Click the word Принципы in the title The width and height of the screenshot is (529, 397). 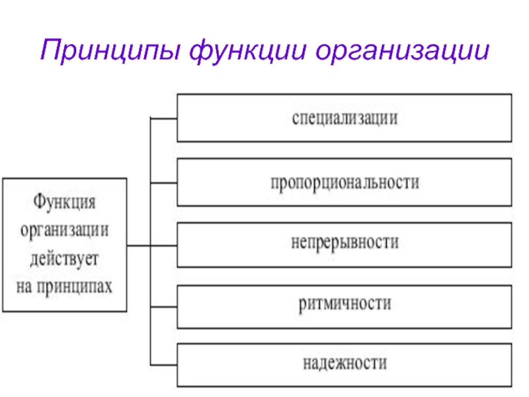pyautogui.click(x=110, y=50)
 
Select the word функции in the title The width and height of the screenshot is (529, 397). pyautogui.click(x=248, y=51)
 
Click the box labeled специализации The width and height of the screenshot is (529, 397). pyautogui.click(x=344, y=118)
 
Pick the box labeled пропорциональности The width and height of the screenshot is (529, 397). pyautogui.click(x=344, y=182)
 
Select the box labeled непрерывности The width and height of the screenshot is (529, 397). pyautogui.click(x=344, y=245)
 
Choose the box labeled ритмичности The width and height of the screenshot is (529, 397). pyautogui.click(x=344, y=307)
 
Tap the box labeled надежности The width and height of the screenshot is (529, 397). pyautogui.click(x=344, y=365)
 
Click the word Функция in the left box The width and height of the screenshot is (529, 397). pyautogui.click(x=64, y=202)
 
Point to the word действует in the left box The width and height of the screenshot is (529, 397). pyautogui.click(x=64, y=259)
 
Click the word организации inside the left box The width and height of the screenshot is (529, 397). pyautogui.click(x=64, y=231)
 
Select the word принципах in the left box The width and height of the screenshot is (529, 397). pyautogui.click(x=74, y=287)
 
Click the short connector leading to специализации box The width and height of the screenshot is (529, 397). pyautogui.click(x=163, y=118)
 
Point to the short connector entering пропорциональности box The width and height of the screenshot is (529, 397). pyautogui.click(x=163, y=183)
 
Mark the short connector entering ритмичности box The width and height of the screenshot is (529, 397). pyautogui.click(x=163, y=307)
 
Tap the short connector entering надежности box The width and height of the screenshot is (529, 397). pyautogui.click(x=163, y=365)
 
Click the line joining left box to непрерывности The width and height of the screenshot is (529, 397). pyautogui.click(x=152, y=245)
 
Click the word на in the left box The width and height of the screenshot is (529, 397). pyautogui.click(x=24, y=287)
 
